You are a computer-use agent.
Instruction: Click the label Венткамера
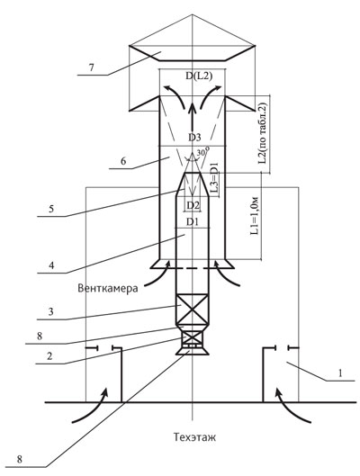(108, 288)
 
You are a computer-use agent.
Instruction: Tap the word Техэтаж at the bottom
(194, 437)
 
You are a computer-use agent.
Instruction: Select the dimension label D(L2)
(199, 76)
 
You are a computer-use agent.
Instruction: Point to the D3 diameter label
(194, 138)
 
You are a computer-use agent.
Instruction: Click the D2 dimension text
(193, 205)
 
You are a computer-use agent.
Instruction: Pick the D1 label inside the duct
(193, 222)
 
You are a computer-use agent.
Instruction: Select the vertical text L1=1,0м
(255, 216)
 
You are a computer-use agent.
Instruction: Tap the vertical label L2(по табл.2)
(263, 134)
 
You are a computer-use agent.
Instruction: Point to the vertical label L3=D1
(214, 178)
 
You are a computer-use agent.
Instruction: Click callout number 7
(92, 67)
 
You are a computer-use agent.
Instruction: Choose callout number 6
(123, 161)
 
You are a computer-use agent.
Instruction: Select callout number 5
(51, 209)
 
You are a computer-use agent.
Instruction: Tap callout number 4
(51, 265)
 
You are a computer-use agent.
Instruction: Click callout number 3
(51, 311)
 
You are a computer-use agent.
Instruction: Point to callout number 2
(49, 355)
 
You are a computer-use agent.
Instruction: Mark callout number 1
(340, 373)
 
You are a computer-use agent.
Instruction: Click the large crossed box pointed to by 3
(193, 309)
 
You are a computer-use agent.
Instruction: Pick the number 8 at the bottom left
(19, 459)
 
